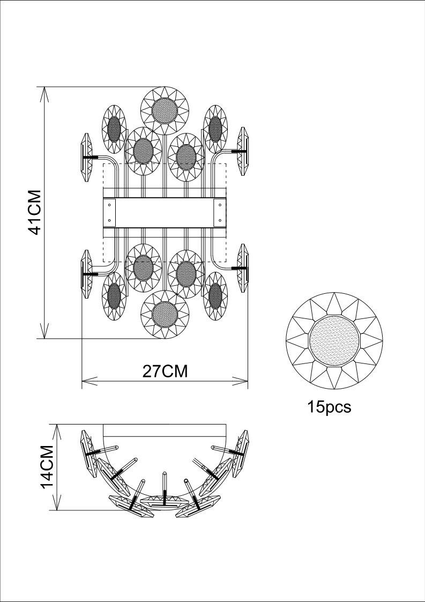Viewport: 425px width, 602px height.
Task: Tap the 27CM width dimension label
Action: click(x=165, y=371)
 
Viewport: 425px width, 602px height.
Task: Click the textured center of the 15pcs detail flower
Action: click(x=334, y=340)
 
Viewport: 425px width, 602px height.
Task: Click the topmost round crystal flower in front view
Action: click(x=165, y=111)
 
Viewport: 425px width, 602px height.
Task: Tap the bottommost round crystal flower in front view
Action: click(x=165, y=315)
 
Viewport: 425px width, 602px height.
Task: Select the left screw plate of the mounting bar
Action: click(x=109, y=212)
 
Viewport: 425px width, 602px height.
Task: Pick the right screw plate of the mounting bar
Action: click(x=220, y=212)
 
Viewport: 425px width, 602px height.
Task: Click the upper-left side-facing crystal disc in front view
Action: click(x=87, y=158)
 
